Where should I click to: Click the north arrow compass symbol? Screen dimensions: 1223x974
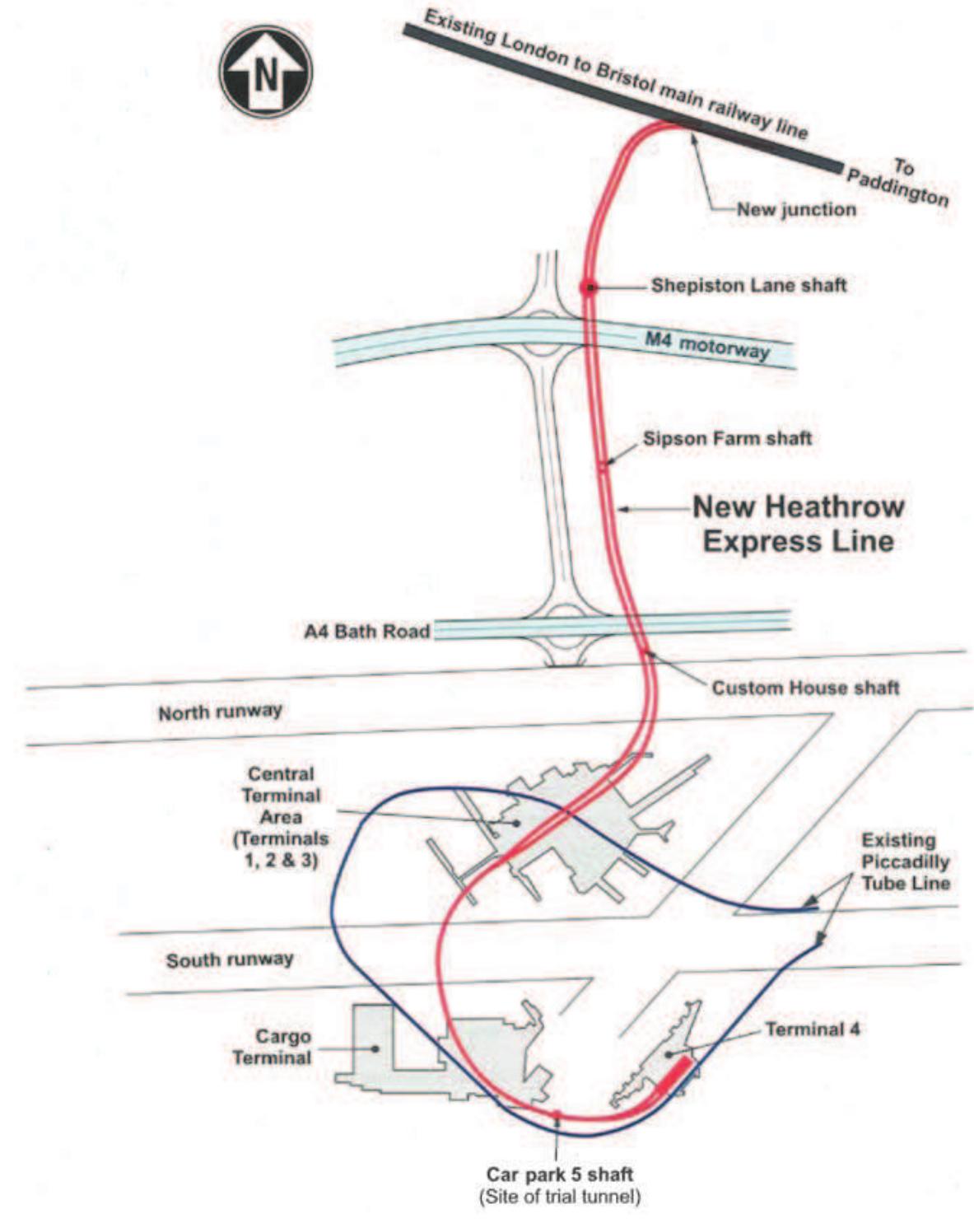coord(265,72)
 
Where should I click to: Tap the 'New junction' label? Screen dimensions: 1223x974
coord(795,209)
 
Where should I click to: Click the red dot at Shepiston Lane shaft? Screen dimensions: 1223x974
coord(587,287)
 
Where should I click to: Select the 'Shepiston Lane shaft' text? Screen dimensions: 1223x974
coord(748,286)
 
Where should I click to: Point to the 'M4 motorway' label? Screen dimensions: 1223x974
coord(706,344)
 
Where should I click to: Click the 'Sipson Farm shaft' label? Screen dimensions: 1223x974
coord(727,438)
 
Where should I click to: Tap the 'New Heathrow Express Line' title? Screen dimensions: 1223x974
coord(798,524)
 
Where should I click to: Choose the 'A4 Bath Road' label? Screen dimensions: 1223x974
coord(367,632)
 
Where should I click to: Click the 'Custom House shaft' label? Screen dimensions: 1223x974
coord(805,687)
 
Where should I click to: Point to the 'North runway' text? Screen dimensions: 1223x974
coord(220,711)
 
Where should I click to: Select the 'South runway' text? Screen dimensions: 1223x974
coord(230,959)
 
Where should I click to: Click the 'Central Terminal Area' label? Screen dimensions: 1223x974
coord(281,817)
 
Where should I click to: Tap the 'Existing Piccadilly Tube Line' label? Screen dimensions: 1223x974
coord(906,861)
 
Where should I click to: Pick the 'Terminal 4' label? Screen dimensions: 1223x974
coord(813,1029)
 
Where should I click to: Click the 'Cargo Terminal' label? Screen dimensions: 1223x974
coord(273,1047)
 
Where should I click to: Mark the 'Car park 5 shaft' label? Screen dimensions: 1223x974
coord(560,1174)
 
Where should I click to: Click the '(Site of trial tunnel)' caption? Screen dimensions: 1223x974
coord(560,1196)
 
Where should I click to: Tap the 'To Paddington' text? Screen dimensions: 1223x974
coord(899,182)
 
